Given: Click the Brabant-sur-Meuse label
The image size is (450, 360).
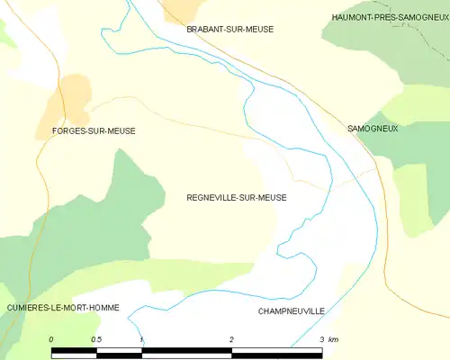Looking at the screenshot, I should tap(229, 30).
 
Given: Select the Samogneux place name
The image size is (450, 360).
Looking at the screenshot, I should tap(372, 129).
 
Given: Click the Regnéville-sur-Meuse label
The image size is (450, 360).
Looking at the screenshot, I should tap(236, 197).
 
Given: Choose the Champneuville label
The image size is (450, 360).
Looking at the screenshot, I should tap(291, 310).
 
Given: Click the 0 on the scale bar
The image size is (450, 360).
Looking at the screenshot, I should tap(51, 339).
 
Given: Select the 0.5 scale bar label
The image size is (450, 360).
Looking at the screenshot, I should tap(96, 339).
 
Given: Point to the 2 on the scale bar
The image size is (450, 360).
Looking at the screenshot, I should tap(231, 339).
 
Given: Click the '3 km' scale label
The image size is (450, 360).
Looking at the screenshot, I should tap(328, 339).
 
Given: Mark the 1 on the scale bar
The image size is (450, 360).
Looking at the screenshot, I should tap(141, 339).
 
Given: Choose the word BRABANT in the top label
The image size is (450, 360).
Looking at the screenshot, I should tap(205, 30).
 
